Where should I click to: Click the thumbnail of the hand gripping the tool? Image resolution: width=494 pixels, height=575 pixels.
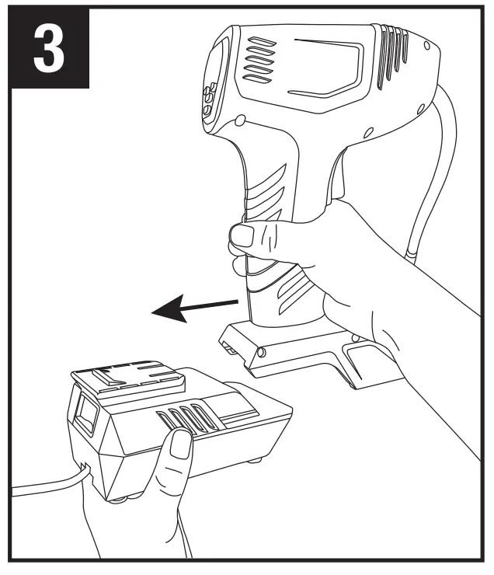coord(245,236)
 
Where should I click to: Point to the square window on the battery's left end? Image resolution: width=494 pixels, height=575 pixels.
coord(87,416)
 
